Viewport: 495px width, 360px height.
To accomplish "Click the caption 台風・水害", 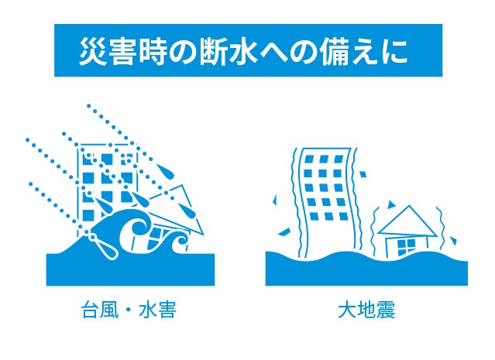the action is [129, 310].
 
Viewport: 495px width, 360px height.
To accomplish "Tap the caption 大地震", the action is [366, 310].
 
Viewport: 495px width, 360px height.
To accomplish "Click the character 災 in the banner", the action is [92, 51].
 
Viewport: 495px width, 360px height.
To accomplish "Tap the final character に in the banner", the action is [393, 51].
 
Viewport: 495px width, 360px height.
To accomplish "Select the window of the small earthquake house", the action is [406, 247].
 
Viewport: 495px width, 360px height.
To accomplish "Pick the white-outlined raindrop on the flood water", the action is [104, 246].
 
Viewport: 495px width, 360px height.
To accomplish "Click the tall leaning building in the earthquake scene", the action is [328, 202].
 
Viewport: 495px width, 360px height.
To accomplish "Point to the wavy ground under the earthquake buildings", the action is [366, 269].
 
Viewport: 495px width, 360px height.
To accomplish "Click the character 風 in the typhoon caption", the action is [109, 310].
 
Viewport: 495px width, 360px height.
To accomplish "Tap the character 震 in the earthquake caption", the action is [386, 310].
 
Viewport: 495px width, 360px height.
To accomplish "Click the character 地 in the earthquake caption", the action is [367, 310].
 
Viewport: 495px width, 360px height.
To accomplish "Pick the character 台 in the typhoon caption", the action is [91, 310].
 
